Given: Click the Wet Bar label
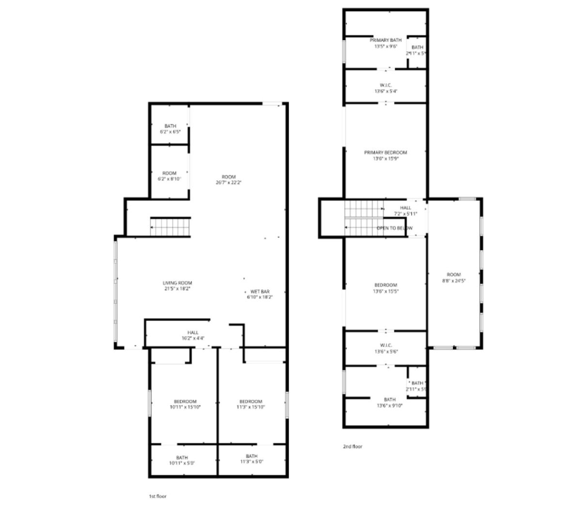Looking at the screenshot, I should (x=260, y=292).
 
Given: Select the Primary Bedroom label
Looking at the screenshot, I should (x=386, y=153).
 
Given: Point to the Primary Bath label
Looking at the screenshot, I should (x=386, y=40).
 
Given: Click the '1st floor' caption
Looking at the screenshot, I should (x=157, y=496).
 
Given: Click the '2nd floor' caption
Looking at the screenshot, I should (x=352, y=446).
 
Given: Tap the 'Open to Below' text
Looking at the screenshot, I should (x=395, y=228).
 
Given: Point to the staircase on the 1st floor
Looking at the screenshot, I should (x=170, y=227).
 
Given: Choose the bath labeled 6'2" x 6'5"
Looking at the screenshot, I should (x=170, y=129).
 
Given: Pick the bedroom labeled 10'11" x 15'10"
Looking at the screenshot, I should (x=185, y=404).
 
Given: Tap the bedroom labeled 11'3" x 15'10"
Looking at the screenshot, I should (x=251, y=404).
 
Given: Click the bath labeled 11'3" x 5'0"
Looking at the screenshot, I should (x=251, y=459).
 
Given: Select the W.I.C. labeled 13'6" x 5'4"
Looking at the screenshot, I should (x=386, y=88).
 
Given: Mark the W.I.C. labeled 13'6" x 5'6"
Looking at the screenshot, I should (x=386, y=349).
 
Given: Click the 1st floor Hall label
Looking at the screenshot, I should (x=193, y=335).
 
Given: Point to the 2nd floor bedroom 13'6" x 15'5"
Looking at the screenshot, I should (x=386, y=288).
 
